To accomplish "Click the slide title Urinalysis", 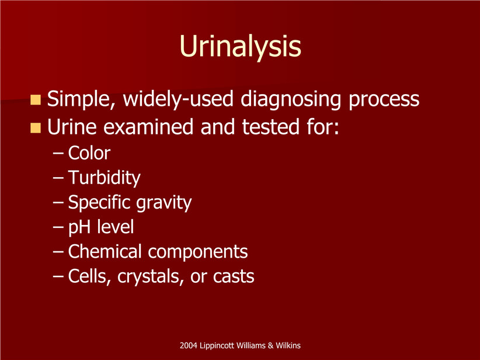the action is (241, 47).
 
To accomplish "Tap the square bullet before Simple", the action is (36, 100).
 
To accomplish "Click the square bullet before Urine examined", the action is (36, 128).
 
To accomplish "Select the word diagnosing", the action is (290, 99).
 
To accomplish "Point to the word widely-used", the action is (178, 99).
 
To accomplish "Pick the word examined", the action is (148, 127).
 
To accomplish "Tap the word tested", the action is (270, 127).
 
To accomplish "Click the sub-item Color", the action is (89, 153).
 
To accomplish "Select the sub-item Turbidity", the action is (104, 178).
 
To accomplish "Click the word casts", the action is (234, 276).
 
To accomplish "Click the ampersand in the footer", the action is (270, 346).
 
